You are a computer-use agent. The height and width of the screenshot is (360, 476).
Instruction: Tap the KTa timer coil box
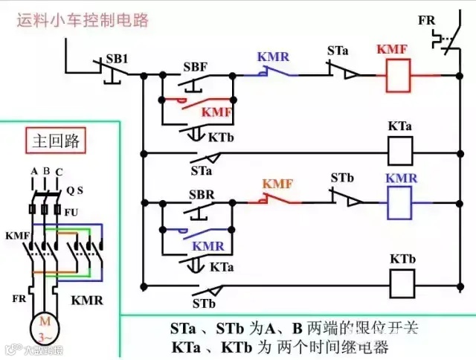pyautogui.click(x=402, y=152)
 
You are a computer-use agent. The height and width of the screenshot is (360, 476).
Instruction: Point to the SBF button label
pyautogui.click(x=195, y=67)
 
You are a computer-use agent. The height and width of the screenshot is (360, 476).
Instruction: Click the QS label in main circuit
pyautogui.click(x=74, y=190)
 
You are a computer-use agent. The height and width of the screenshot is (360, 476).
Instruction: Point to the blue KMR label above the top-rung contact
pyautogui.click(x=274, y=57)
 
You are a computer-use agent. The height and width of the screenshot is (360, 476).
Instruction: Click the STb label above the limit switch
pyautogui.click(x=342, y=179)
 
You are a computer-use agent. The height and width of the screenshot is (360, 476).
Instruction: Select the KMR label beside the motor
pyautogui.click(x=87, y=301)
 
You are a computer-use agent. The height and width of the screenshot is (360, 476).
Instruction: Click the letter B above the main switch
pyautogui.click(x=45, y=171)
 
